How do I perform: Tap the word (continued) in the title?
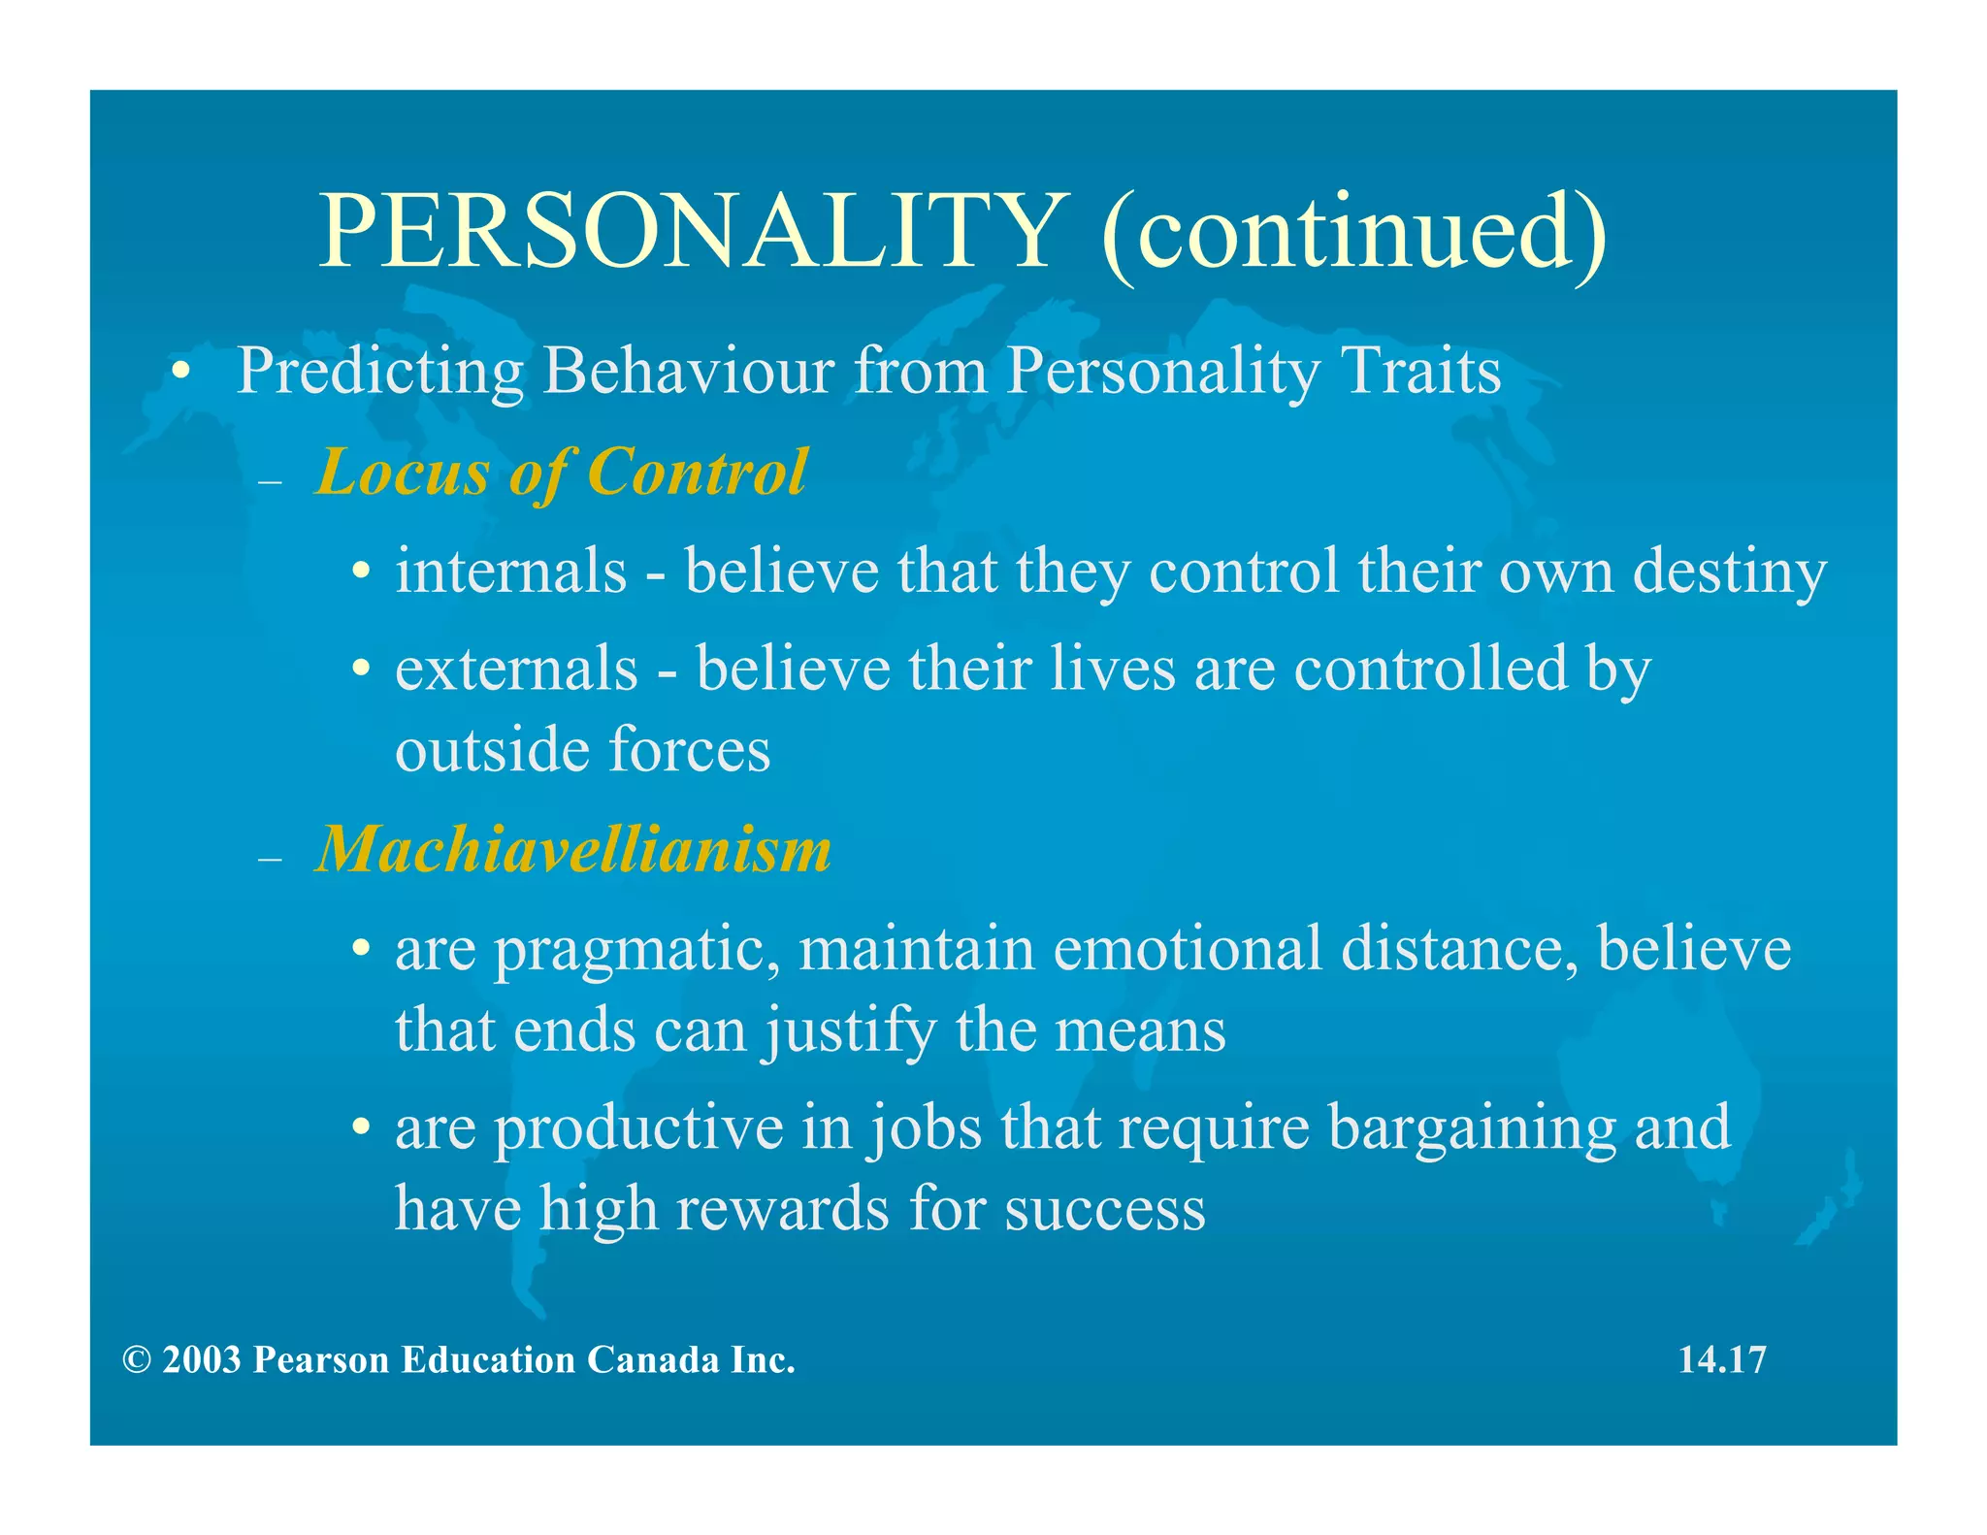(x=1352, y=230)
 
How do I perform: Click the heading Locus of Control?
(x=561, y=473)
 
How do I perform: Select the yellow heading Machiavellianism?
(x=573, y=849)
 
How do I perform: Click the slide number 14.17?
(x=1722, y=1359)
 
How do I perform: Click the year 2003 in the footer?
(x=201, y=1360)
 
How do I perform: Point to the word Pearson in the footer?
(x=321, y=1360)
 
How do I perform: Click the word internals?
(x=511, y=571)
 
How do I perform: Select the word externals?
(x=516, y=669)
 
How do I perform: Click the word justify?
(x=850, y=1031)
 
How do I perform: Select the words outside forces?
(x=582, y=750)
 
